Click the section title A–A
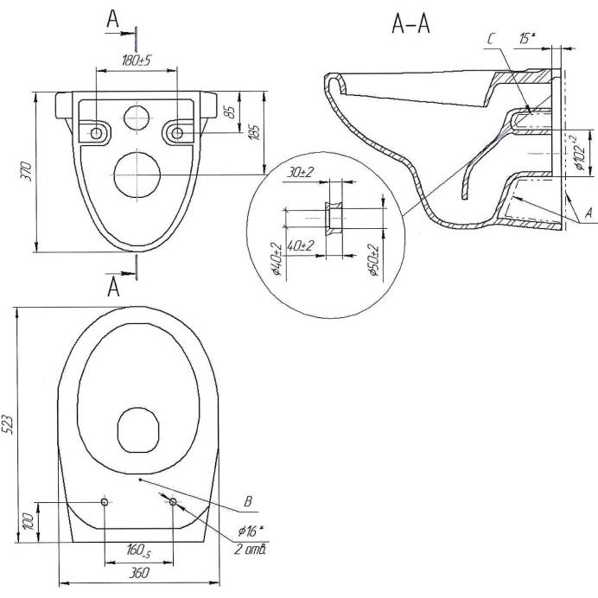coord(411,26)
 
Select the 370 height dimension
coord(26,167)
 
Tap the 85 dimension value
coord(230,113)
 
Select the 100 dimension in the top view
coord(29,521)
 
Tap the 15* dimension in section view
coord(527,38)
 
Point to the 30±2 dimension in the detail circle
coord(301,174)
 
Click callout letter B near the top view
coord(247,500)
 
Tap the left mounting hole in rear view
coord(95,132)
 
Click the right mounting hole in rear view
coord(176,132)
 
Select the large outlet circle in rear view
coord(136,175)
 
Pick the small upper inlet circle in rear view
coord(137,116)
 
